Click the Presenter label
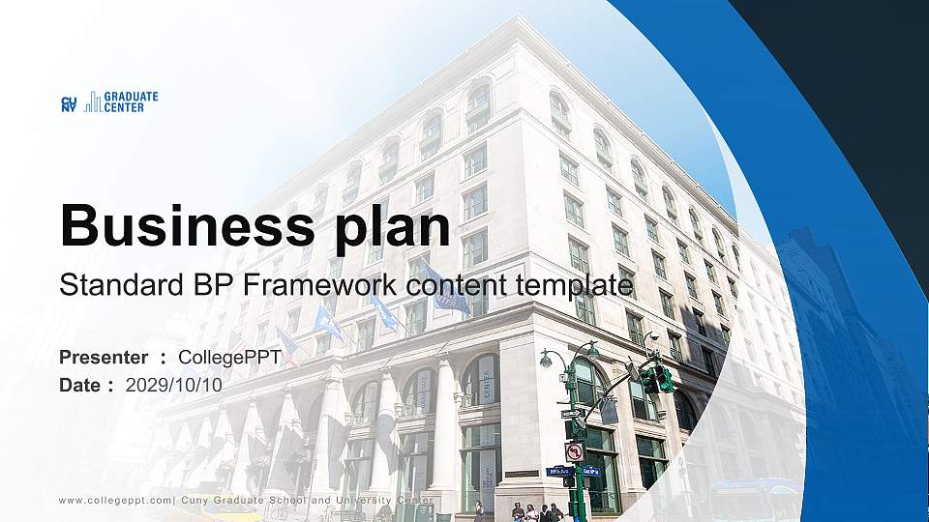point(104,358)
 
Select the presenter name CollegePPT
point(230,358)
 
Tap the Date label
point(81,385)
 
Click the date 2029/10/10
point(174,385)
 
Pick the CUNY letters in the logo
point(69,103)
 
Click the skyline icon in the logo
point(92,101)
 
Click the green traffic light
point(664,379)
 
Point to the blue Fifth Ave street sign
point(558,472)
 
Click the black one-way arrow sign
point(571,413)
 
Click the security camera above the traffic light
point(650,339)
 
